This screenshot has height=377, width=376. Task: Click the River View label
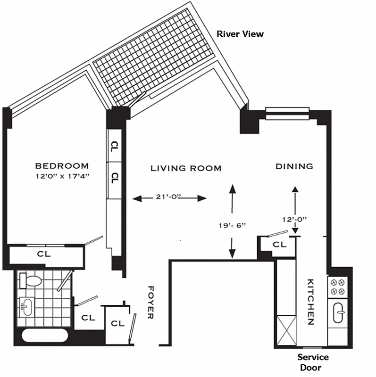(240, 34)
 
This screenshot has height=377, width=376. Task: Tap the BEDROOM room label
(62, 166)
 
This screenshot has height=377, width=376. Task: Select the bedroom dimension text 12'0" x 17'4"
(62, 177)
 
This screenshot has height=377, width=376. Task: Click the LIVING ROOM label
(186, 168)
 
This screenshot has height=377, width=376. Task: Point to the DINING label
(294, 166)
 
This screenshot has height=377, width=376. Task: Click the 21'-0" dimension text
(169, 198)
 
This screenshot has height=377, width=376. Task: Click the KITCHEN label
(310, 302)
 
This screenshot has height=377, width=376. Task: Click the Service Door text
(313, 362)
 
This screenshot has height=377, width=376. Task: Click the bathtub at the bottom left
(45, 336)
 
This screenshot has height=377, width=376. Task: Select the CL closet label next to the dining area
(279, 245)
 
